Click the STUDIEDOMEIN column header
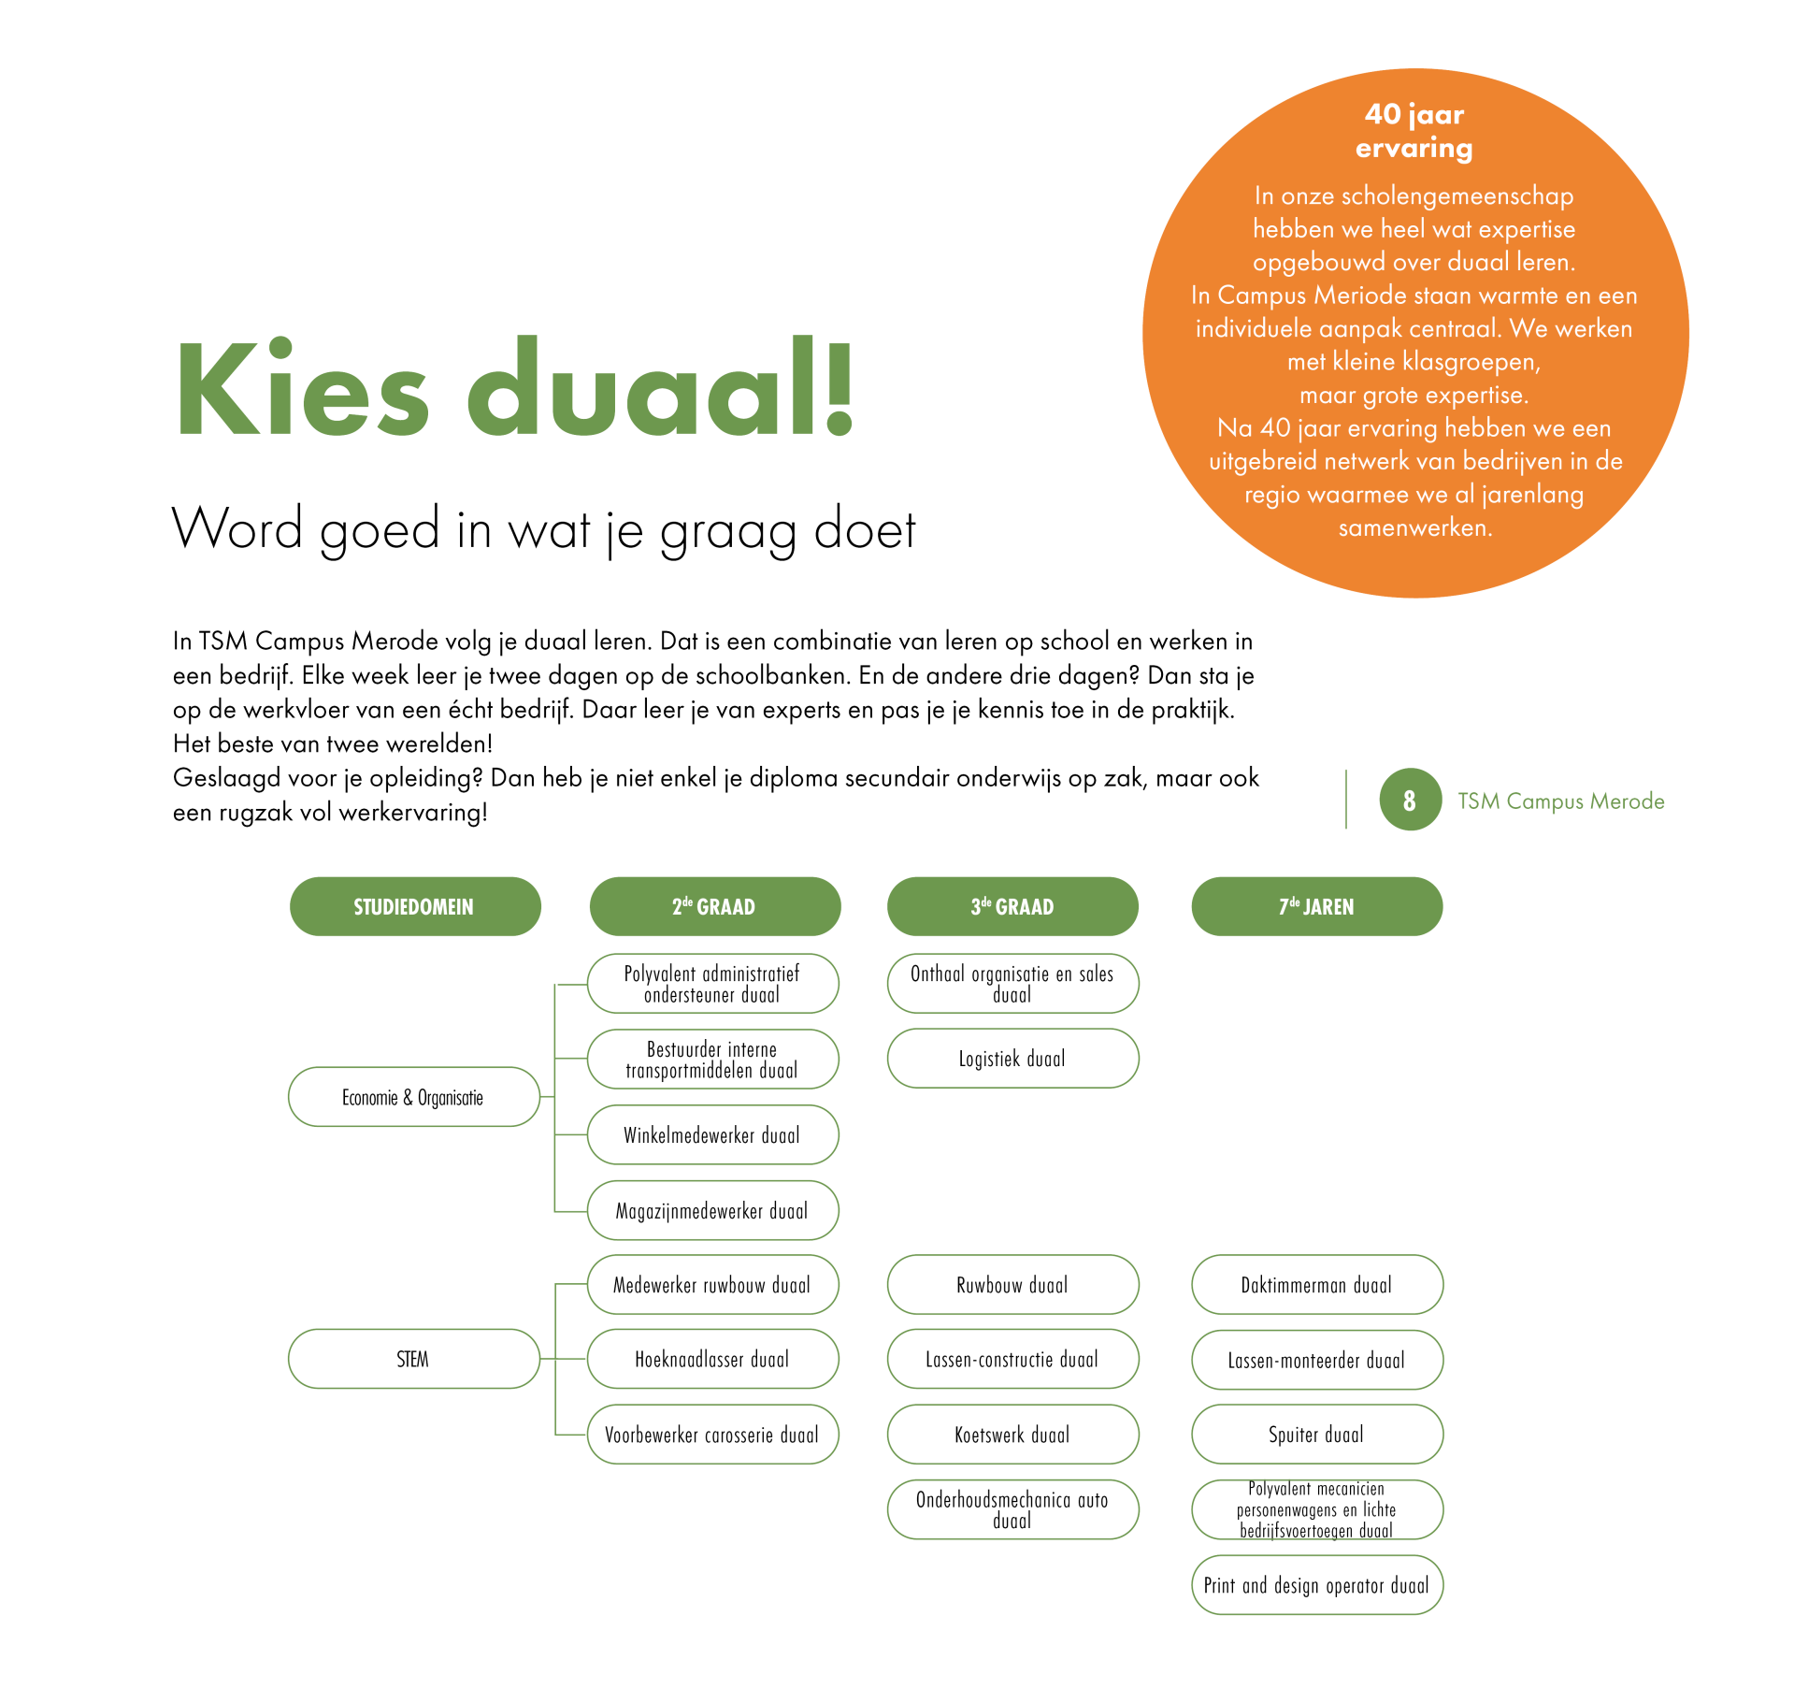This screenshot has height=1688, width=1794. [x=414, y=906]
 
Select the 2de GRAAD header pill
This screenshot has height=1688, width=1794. [x=714, y=906]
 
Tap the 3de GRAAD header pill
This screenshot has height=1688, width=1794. [x=1012, y=906]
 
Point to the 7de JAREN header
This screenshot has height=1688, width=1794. [x=1316, y=906]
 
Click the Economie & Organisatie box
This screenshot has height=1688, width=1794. [x=413, y=1097]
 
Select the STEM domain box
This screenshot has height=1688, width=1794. [x=413, y=1359]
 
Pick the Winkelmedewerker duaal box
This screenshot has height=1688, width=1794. [x=712, y=1135]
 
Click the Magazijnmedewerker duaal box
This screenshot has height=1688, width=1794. [x=712, y=1211]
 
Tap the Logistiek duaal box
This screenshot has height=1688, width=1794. [x=1012, y=1059]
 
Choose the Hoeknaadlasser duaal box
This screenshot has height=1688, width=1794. [x=712, y=1359]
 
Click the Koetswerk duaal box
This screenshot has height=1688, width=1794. [x=1012, y=1435]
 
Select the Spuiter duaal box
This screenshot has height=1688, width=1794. [x=1316, y=1435]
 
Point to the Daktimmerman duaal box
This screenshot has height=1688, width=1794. [x=1316, y=1285]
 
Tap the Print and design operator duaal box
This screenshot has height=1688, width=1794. [x=1316, y=1585]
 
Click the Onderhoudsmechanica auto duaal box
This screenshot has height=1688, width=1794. [x=1012, y=1509]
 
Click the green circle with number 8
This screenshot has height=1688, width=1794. [x=1410, y=800]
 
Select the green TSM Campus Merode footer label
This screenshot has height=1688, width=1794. [x=1561, y=801]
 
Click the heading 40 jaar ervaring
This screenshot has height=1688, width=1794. [x=1414, y=131]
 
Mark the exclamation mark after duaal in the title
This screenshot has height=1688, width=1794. [x=840, y=388]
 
